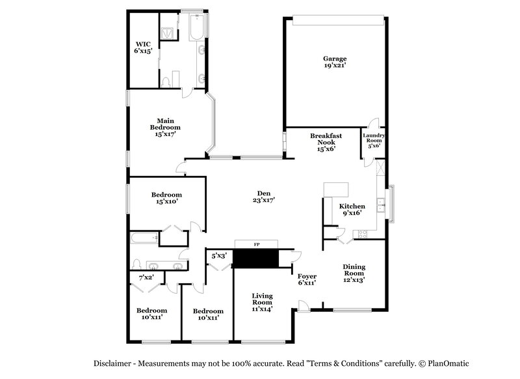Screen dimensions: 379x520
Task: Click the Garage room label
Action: pyautogui.click(x=335, y=62)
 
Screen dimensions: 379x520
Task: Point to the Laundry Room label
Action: pyautogui.click(x=373, y=141)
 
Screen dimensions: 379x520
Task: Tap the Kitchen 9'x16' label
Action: pyautogui.click(x=351, y=209)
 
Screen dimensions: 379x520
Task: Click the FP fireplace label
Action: pyautogui.click(x=255, y=245)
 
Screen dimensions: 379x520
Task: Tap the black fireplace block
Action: pyautogui.click(x=255, y=259)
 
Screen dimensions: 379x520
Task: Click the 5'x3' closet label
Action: pyautogui.click(x=218, y=256)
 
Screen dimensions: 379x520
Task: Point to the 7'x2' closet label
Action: pyautogui.click(x=146, y=278)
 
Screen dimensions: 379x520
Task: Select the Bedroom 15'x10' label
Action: pyautogui.click(x=166, y=198)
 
